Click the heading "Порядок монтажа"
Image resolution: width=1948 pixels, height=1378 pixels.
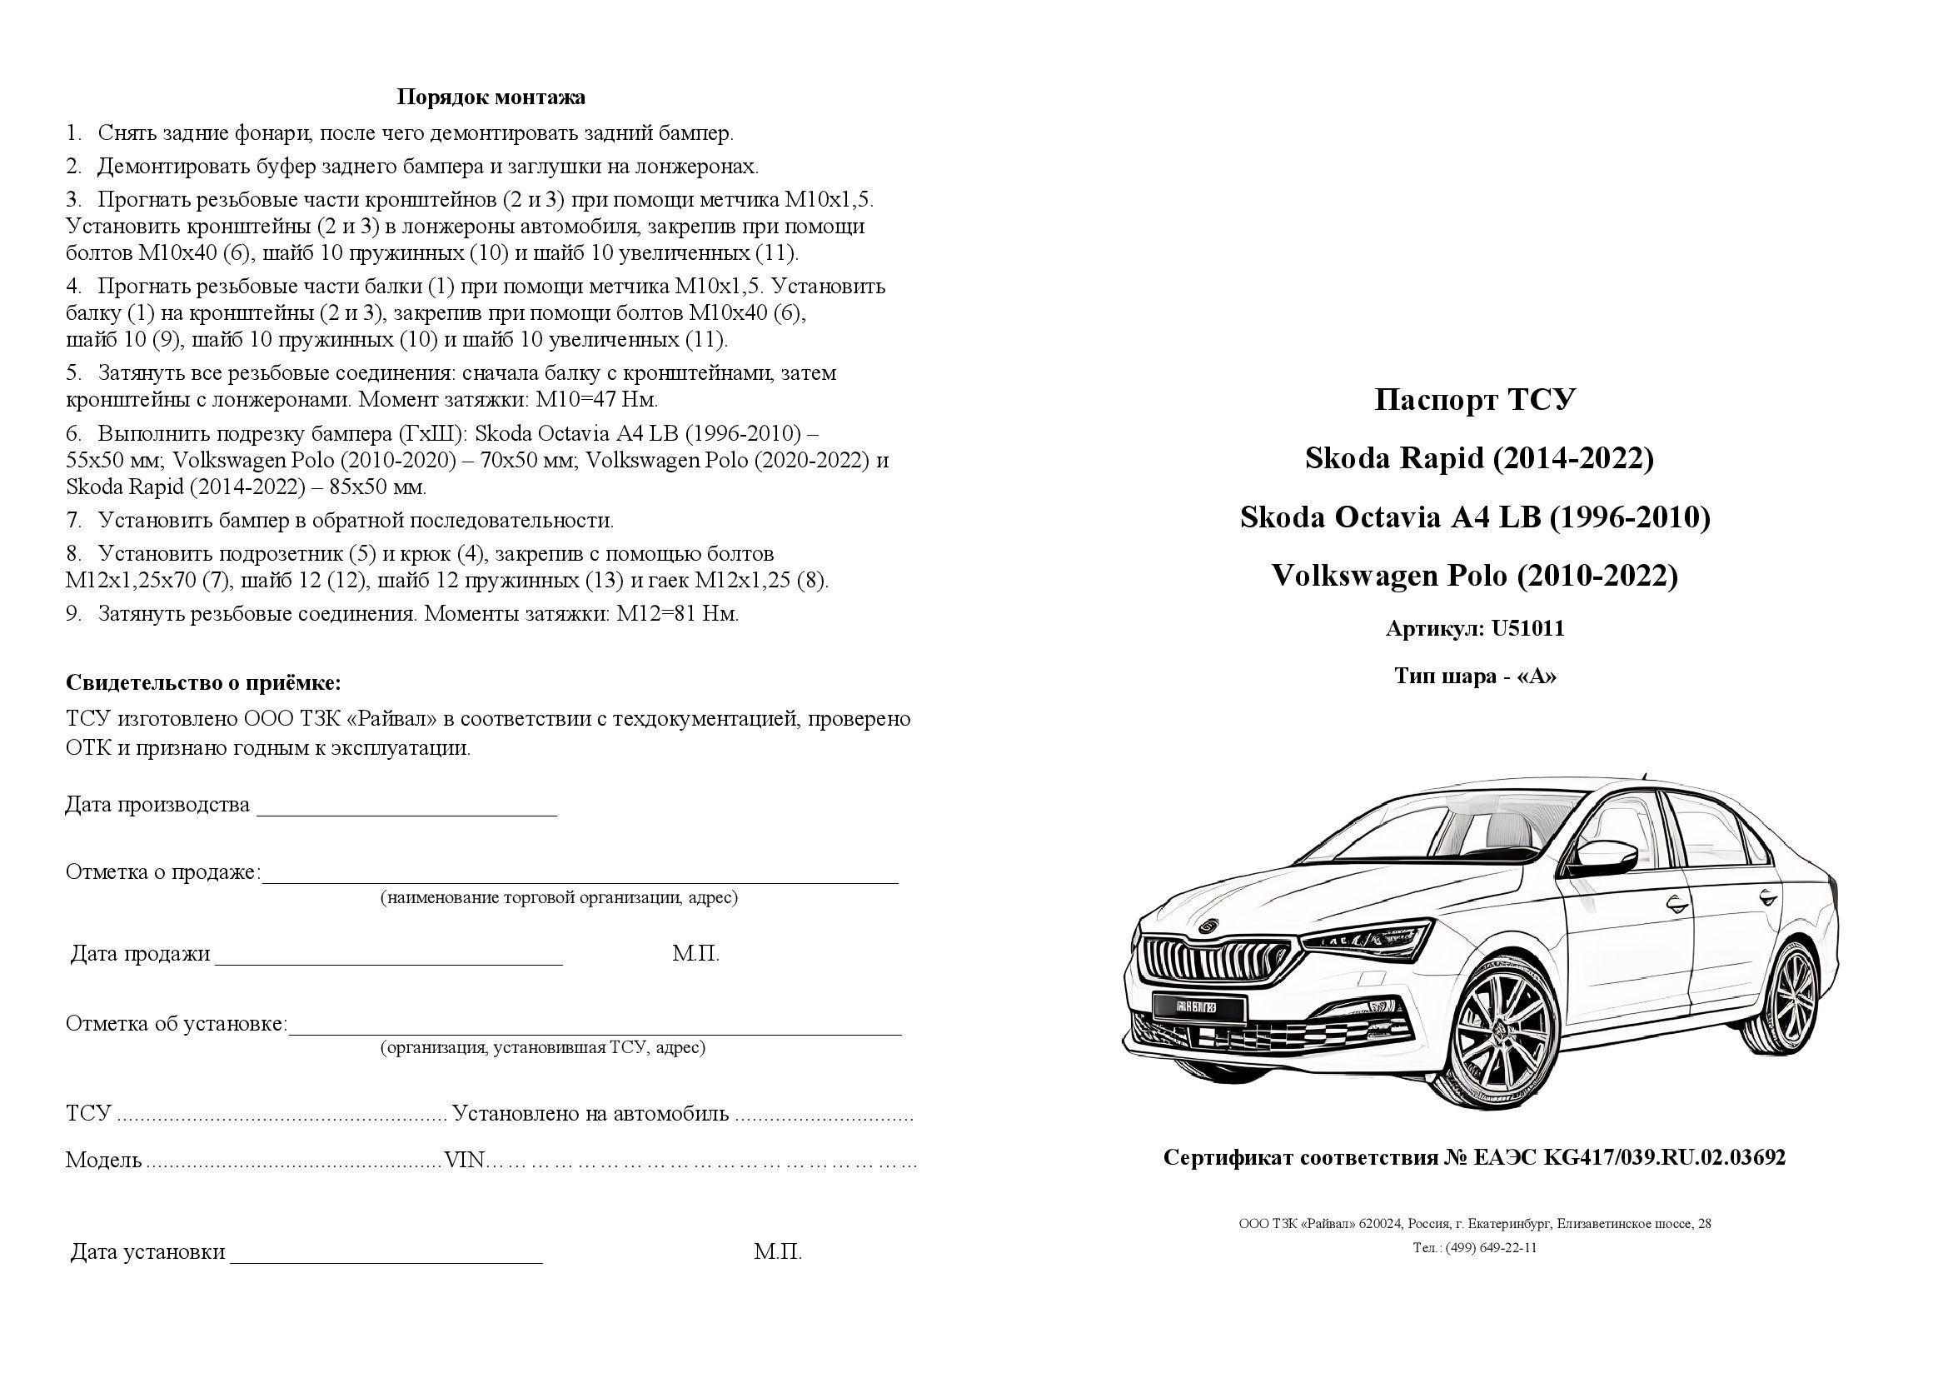[491, 97]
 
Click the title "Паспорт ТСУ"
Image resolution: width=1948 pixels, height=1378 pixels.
[1475, 400]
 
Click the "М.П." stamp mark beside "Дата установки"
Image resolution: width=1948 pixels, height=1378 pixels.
[777, 1252]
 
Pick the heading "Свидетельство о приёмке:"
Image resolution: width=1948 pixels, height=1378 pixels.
[203, 683]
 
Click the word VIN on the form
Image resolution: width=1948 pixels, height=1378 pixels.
[465, 1160]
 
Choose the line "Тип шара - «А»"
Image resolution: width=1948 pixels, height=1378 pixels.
[1475, 677]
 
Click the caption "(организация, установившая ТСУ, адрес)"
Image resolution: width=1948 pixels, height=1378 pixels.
[543, 1048]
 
